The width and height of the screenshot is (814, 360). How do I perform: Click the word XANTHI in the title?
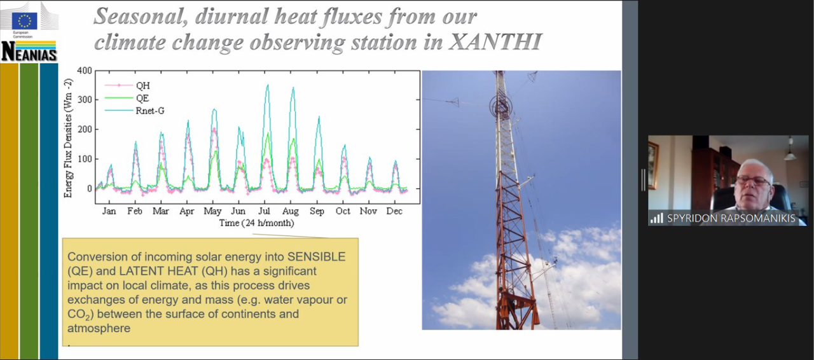tap(495, 42)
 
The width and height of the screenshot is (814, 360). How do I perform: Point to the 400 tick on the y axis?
tap(85, 71)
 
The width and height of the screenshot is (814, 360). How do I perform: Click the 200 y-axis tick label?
tap(85, 130)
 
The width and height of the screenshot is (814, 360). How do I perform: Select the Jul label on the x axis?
tap(264, 211)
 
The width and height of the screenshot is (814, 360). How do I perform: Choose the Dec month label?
tap(394, 211)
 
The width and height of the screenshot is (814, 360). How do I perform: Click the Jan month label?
tap(109, 211)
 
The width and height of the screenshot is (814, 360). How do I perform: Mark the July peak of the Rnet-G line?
tap(268, 85)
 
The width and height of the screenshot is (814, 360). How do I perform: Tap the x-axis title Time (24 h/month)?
tap(256, 223)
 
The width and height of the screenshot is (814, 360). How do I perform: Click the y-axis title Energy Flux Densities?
tap(68, 138)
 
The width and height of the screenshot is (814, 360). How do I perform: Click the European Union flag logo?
tap(24, 21)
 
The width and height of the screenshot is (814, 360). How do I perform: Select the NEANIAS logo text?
tap(29, 52)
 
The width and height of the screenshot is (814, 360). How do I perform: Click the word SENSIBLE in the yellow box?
tap(316, 257)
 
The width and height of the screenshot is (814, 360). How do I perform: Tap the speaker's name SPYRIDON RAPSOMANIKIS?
tap(731, 218)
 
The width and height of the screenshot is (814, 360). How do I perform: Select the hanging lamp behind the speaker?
tap(790, 150)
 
